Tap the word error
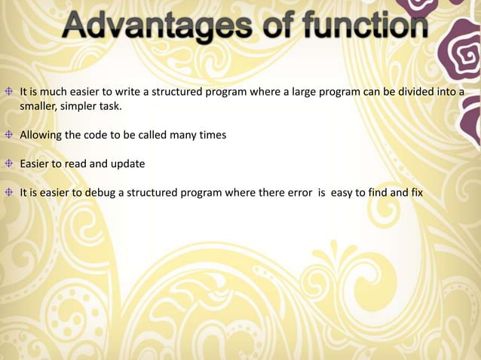(297, 193)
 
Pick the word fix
(415, 193)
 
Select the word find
(376, 193)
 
